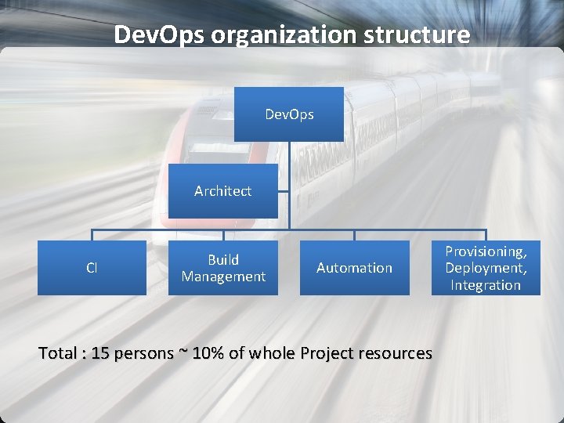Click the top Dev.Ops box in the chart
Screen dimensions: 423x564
289,114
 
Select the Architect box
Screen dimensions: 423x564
223,191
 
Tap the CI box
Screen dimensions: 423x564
92,268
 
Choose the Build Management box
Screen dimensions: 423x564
223,268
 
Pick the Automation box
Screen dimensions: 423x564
354,268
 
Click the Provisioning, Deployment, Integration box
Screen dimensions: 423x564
486,268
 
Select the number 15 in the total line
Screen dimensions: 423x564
100,353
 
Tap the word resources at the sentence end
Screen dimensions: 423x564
395,353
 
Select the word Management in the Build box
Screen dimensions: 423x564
223,277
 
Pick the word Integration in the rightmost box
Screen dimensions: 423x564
486,285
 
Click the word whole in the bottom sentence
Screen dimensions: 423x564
271,353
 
